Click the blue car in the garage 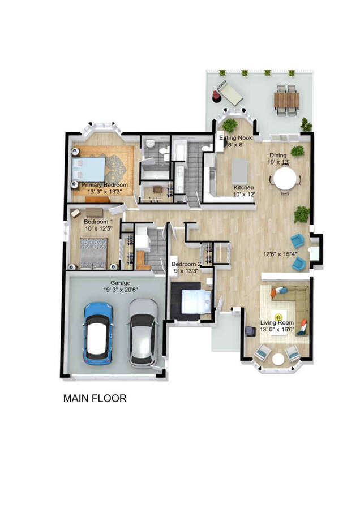click(98, 334)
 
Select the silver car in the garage click(142, 333)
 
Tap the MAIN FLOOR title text click(95, 398)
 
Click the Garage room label click(120, 283)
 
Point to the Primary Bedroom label click(104, 185)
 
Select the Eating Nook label click(236, 138)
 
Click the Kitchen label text click(244, 188)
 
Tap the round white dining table click(285, 180)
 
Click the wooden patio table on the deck click(286, 100)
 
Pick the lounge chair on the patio click(229, 92)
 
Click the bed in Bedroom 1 click(93, 252)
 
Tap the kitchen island click(240, 170)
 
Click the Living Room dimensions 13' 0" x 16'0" click(278, 330)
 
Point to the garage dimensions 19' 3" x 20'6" click(120, 290)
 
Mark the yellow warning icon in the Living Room click(278, 317)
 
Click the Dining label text click(278, 155)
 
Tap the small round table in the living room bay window click(278, 359)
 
